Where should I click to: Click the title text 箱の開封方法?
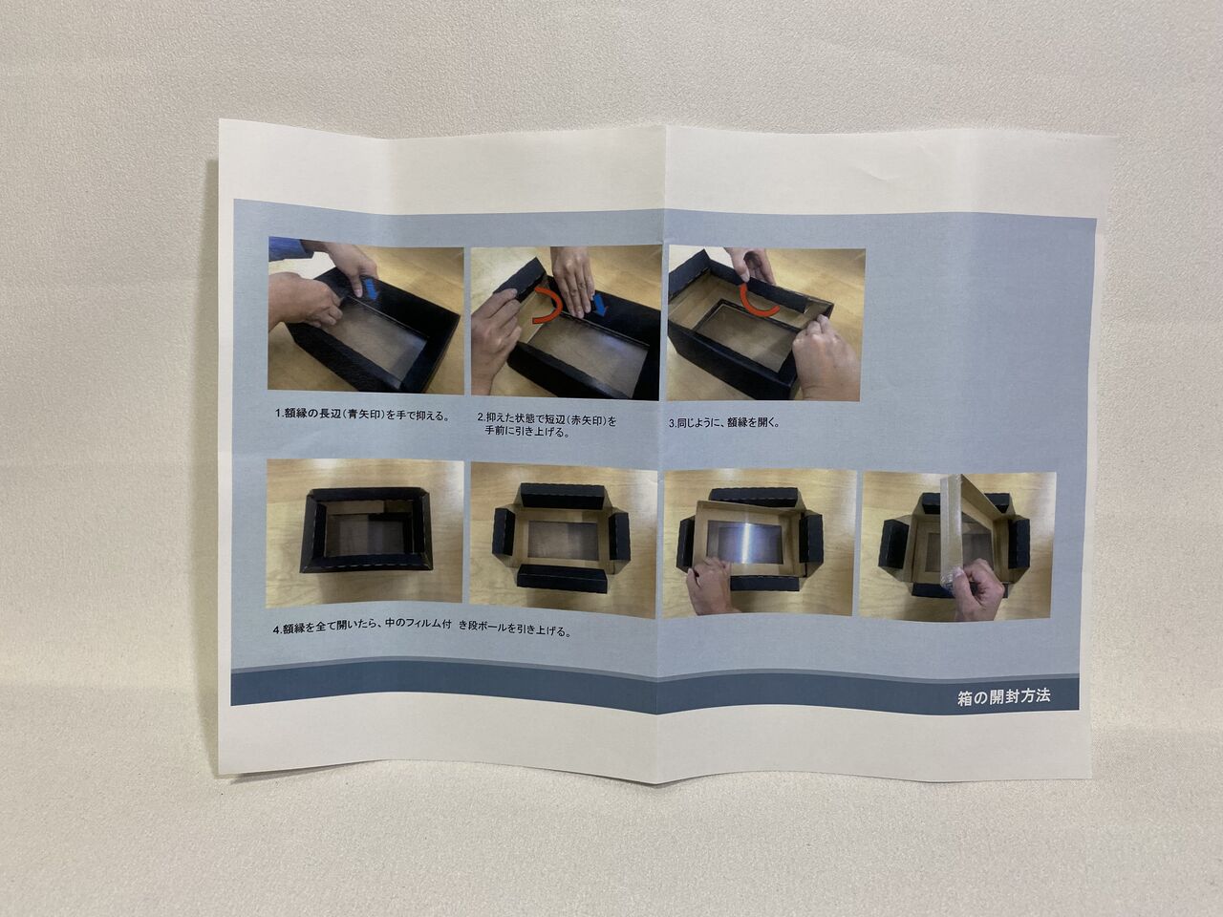coord(1003,697)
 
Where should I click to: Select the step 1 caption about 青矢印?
coord(362,415)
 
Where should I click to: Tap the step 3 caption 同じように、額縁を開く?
coord(724,422)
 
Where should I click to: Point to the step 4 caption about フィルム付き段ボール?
coord(421,629)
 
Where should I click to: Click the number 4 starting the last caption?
coord(276,630)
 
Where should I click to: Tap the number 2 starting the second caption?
coord(481,417)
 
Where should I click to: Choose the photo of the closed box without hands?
coord(365,533)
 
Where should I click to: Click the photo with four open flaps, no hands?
coord(563,540)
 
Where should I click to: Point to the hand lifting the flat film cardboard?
coord(711,585)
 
